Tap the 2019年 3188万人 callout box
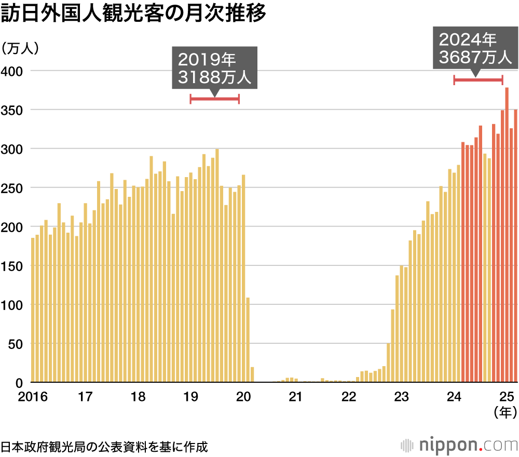(x=214, y=69)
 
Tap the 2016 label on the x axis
(x=32, y=397)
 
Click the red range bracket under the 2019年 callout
(x=214, y=99)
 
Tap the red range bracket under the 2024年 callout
(x=478, y=79)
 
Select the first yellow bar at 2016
(x=33, y=310)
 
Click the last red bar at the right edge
(x=516, y=246)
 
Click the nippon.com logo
(x=459, y=445)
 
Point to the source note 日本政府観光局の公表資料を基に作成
(x=104, y=446)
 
